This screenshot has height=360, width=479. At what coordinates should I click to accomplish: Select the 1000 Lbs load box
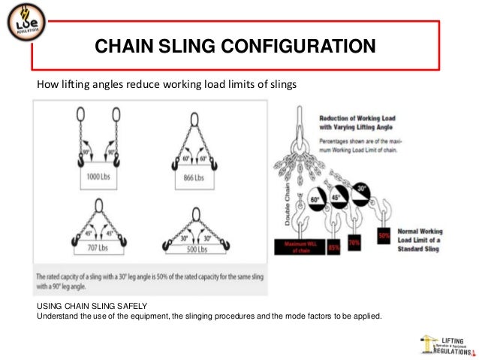point(98,177)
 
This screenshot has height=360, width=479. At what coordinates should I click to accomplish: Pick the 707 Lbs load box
point(98,247)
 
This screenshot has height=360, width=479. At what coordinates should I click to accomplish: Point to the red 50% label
point(384,234)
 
